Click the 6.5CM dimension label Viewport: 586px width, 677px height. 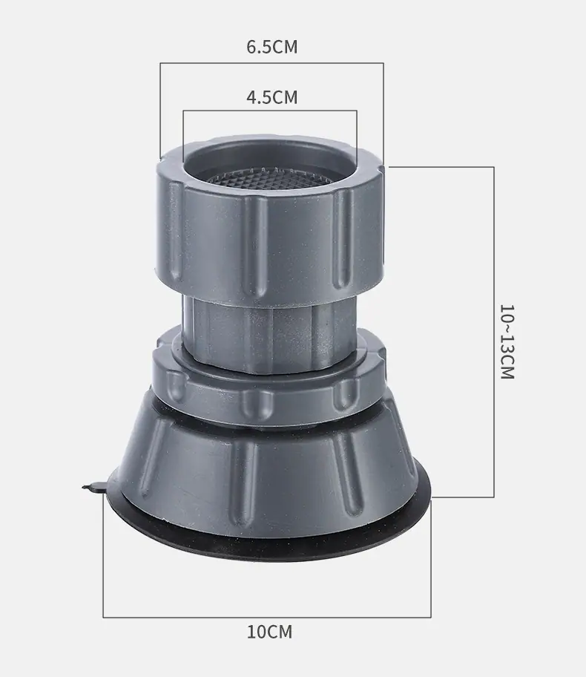click(271, 47)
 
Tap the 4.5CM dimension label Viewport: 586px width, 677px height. click(271, 97)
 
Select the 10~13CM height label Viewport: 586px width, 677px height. click(507, 341)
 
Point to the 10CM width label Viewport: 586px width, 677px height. click(269, 632)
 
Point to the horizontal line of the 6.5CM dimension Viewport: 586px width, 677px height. click(271, 64)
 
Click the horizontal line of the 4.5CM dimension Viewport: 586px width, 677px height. click(270, 111)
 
